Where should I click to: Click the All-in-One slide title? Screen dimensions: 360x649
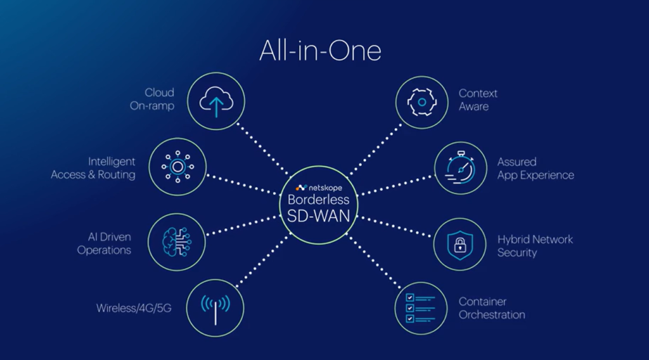(x=320, y=51)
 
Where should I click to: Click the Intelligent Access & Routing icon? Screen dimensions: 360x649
(x=176, y=167)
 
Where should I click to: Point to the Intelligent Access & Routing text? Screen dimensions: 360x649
(x=94, y=168)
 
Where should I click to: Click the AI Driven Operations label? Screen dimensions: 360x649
(x=104, y=243)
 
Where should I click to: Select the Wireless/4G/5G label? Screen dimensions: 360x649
(x=134, y=309)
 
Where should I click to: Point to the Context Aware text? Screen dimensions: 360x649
(x=478, y=100)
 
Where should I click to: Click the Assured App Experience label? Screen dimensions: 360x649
(x=536, y=168)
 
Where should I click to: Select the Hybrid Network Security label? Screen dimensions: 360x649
(x=535, y=246)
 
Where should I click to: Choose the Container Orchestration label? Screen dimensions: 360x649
(x=492, y=308)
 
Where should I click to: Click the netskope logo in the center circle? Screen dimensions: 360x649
(x=319, y=188)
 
